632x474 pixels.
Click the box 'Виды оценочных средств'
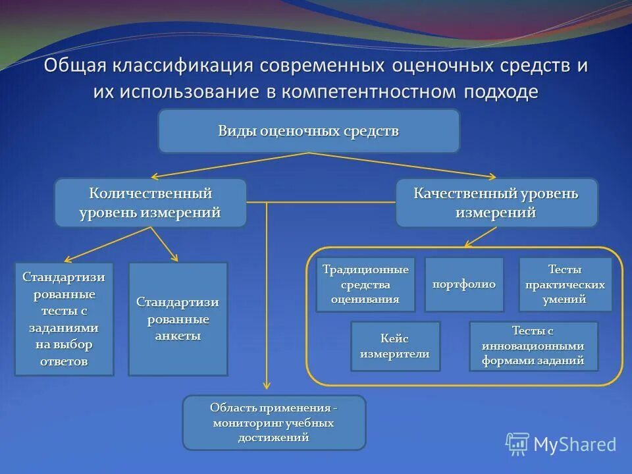(308, 131)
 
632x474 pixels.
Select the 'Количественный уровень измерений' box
(150, 203)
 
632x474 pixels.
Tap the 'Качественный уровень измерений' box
(496, 203)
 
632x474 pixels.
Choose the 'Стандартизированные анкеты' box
(178, 319)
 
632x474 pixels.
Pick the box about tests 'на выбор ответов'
(64, 319)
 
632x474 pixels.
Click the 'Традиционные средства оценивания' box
(365, 284)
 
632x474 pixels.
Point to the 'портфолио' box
(463, 284)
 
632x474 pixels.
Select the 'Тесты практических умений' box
(565, 284)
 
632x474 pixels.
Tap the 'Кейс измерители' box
(394, 346)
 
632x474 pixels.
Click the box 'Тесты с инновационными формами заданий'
(533, 346)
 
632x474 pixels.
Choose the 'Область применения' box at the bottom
(273, 423)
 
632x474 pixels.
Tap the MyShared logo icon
(517, 444)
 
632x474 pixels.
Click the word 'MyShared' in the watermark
(575, 444)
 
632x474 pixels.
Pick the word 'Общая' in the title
(78, 66)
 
